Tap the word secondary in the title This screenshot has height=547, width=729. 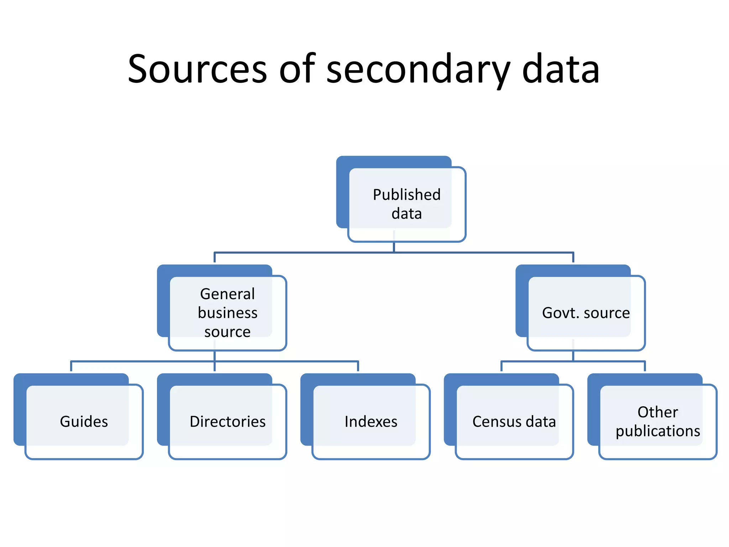[418, 69]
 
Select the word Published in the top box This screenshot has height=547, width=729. [407, 195]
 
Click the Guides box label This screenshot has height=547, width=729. [84, 422]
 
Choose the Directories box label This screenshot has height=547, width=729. [227, 422]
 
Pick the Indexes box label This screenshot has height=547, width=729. [371, 422]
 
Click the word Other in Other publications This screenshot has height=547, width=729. [657, 412]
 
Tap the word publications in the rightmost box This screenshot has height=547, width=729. [658, 431]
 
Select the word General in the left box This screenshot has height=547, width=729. [227, 294]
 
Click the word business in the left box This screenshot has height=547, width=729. [227, 313]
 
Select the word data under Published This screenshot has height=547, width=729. [407, 214]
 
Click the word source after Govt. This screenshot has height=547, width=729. [607, 313]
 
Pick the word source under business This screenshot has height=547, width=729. [227, 332]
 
